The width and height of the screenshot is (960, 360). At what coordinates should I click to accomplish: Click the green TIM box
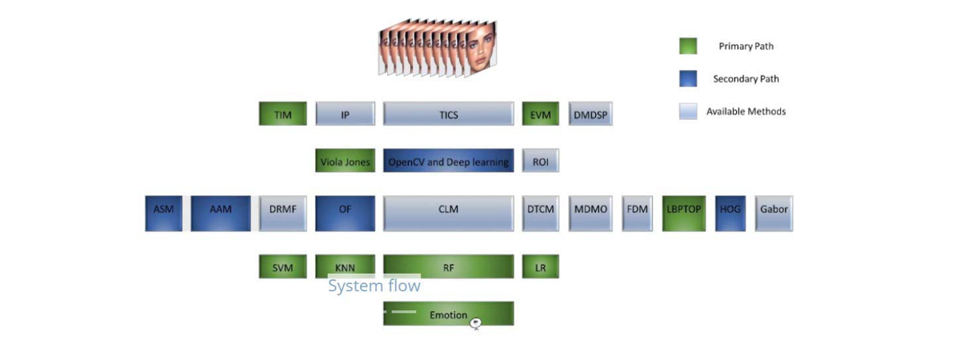tap(282, 114)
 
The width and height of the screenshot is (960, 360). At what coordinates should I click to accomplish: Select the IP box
tap(345, 114)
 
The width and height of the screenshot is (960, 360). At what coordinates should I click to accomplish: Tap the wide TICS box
tap(448, 114)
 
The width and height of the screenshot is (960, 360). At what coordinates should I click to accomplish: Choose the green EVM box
tap(540, 114)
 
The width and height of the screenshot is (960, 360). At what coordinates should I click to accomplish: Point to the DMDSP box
tap(590, 114)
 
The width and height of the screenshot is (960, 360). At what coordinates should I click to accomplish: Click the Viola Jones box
tap(345, 162)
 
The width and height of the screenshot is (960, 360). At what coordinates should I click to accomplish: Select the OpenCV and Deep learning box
tap(448, 162)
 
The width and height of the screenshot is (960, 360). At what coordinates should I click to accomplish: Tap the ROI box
tap(540, 162)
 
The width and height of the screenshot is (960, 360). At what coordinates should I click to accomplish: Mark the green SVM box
tap(282, 267)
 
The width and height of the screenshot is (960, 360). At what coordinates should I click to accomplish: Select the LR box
tap(540, 267)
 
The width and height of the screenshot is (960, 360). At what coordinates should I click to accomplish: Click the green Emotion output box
tap(448, 314)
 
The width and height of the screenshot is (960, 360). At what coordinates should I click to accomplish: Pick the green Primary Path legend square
tap(688, 46)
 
